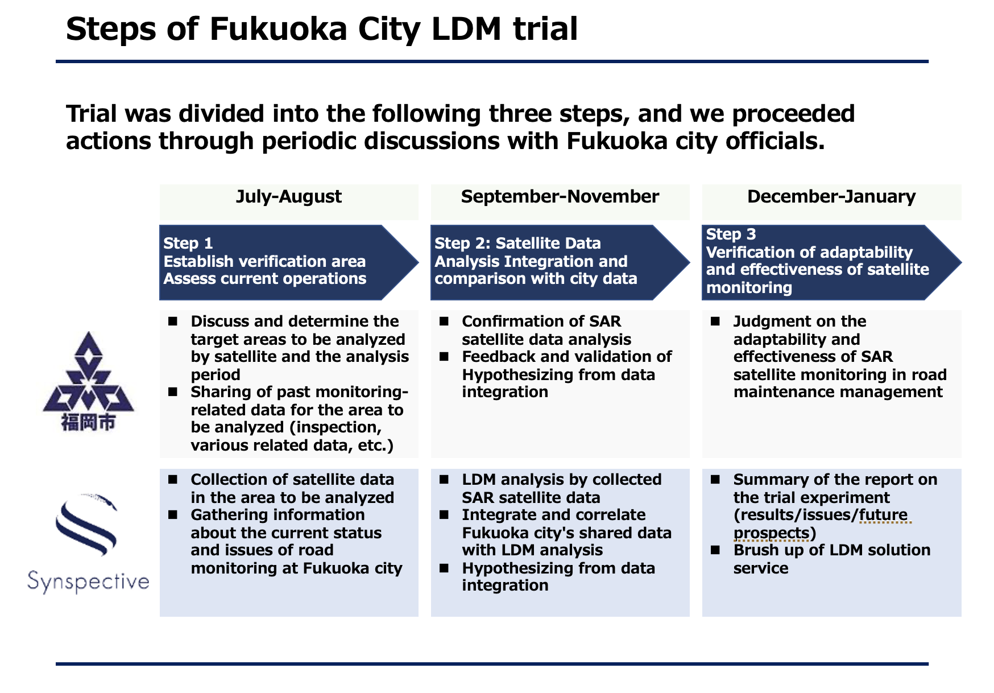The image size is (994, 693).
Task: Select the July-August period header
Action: tap(289, 197)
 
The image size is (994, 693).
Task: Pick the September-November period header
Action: tap(560, 197)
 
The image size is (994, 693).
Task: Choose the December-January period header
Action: tap(831, 197)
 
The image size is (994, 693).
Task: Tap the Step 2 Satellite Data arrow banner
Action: tap(560, 262)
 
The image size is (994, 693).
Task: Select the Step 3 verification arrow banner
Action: tap(831, 262)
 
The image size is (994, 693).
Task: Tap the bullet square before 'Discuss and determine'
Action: tap(172, 322)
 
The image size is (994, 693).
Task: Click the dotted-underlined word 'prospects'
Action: tap(771, 533)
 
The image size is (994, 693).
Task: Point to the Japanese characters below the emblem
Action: tap(88, 423)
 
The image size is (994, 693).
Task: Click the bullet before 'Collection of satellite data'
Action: tap(172, 480)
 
